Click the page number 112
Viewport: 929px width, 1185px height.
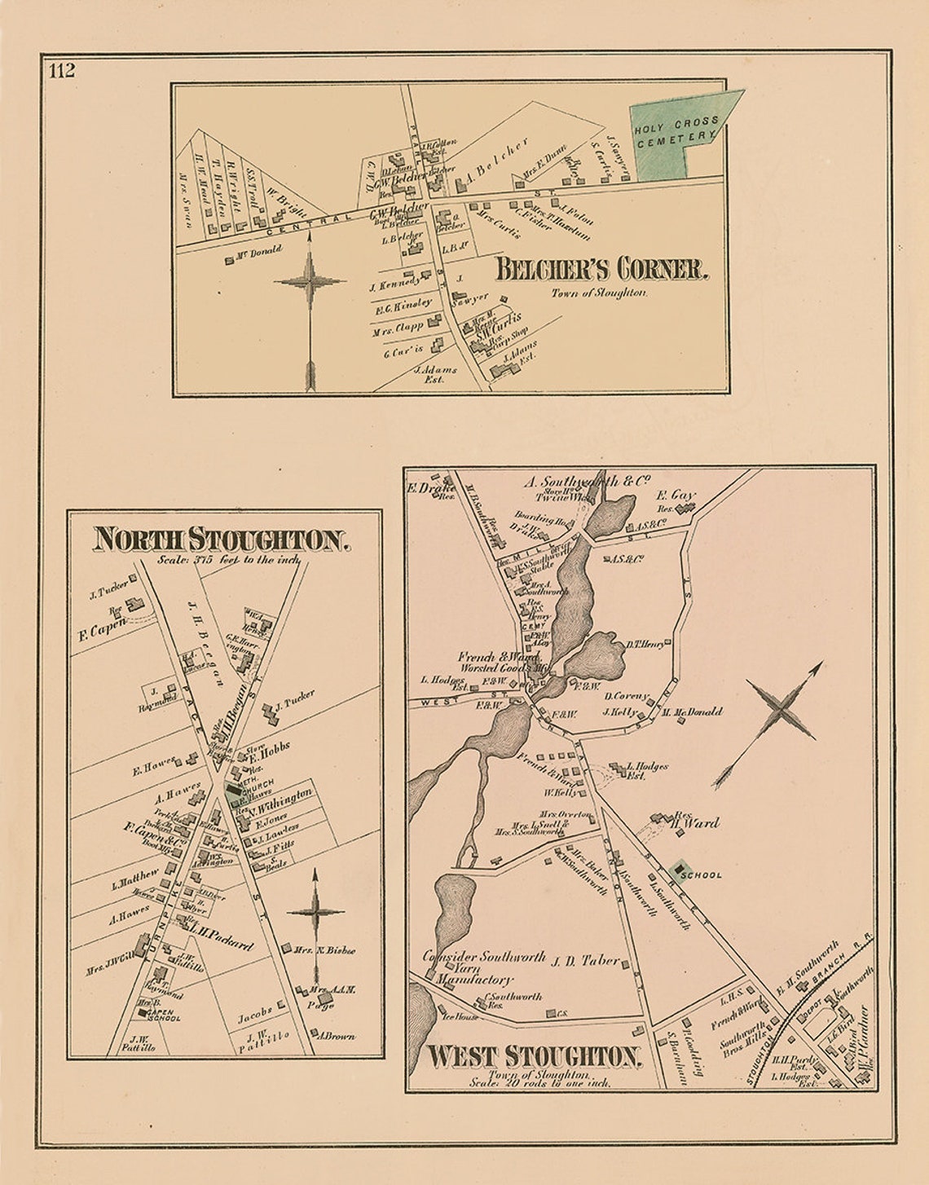point(62,70)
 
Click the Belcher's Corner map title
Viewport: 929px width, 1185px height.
point(599,269)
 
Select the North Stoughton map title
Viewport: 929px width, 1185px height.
point(222,540)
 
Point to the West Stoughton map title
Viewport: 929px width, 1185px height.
point(534,1056)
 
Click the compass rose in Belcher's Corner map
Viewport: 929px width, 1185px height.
point(310,282)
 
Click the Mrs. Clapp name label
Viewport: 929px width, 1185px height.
point(398,328)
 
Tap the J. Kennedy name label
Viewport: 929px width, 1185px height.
point(395,284)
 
